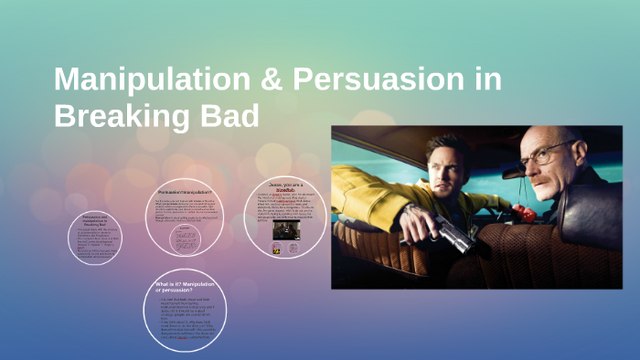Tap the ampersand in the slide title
click(x=262, y=80)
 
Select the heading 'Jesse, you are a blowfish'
click(x=285, y=186)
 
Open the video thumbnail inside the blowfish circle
click(x=284, y=231)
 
